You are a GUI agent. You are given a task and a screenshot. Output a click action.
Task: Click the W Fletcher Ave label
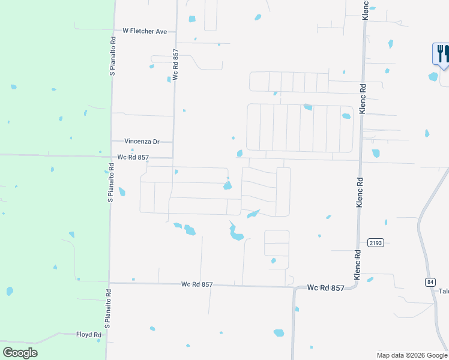coord(145,31)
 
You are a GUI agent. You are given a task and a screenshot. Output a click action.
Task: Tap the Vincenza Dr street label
coord(142,142)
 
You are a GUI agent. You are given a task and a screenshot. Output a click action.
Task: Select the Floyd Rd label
coord(88,334)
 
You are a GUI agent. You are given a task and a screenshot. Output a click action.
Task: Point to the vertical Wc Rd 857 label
coord(175,65)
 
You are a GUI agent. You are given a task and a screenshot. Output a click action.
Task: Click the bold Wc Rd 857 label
coord(325,288)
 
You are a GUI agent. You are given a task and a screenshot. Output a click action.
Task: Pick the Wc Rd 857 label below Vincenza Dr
coord(133,157)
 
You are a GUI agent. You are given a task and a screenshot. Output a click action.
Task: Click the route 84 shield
coord(430,281)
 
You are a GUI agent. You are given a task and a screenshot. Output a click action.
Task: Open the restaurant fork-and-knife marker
coord(441,53)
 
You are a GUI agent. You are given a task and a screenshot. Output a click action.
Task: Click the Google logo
coord(20,352)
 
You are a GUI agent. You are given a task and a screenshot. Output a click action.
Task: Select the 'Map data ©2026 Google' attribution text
coord(412,355)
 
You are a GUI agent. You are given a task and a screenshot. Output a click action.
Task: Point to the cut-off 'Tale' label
coord(444,292)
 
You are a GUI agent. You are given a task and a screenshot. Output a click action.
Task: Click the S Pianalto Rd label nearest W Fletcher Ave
coord(112,56)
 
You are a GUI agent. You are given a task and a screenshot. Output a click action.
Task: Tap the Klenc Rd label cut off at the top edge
coord(364,10)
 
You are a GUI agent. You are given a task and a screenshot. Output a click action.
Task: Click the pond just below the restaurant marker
coord(433,76)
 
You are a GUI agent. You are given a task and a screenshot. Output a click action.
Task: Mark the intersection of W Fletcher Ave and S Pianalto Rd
coord(113,31)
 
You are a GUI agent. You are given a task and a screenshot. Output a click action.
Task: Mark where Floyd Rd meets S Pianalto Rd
coord(107,334)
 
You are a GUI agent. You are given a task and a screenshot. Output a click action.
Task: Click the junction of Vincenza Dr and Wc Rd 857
coord(173,142)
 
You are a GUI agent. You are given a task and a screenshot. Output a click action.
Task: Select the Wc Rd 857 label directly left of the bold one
coord(197,284)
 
